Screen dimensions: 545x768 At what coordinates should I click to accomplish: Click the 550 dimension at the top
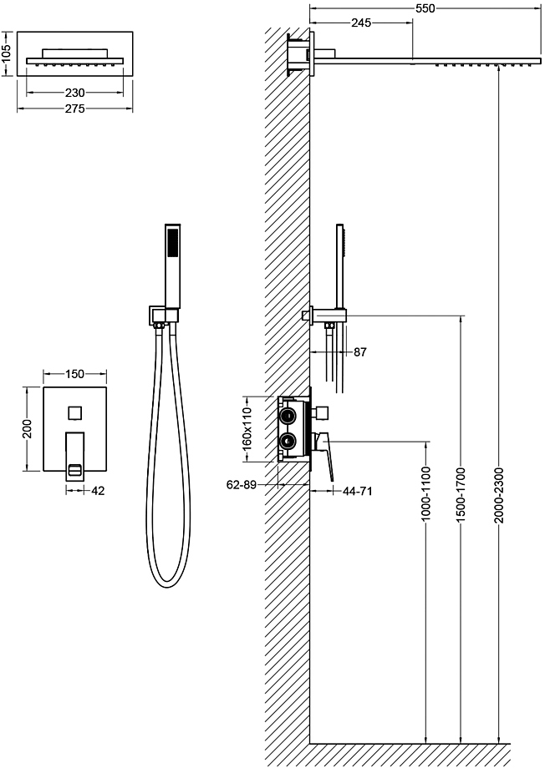pyautogui.click(x=425, y=8)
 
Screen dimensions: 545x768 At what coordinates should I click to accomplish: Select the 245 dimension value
pyautogui.click(x=361, y=23)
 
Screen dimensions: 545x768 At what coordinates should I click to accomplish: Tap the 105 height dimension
pyautogui.click(x=6, y=53)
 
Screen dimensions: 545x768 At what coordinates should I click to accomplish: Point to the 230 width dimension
pyautogui.click(x=75, y=93)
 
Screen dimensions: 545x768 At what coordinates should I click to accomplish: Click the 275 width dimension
pyautogui.click(x=75, y=109)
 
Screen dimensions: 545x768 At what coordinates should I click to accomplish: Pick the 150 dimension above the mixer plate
pyautogui.click(x=75, y=374)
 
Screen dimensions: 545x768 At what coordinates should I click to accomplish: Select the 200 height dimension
pyautogui.click(x=27, y=428)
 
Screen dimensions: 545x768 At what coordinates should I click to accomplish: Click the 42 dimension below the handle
pyautogui.click(x=98, y=490)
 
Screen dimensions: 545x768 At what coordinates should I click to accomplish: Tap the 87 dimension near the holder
pyautogui.click(x=360, y=351)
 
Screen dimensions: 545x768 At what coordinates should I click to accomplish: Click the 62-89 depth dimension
pyautogui.click(x=242, y=485)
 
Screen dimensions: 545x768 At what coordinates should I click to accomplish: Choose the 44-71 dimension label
pyautogui.click(x=357, y=490)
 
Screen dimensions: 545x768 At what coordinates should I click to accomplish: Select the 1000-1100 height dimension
pyautogui.click(x=425, y=493)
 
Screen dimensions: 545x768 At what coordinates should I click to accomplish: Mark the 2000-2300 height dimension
pyautogui.click(x=498, y=495)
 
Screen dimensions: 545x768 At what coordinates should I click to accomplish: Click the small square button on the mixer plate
pyautogui.click(x=75, y=412)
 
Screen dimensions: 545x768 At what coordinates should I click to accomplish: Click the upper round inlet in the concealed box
pyautogui.click(x=287, y=417)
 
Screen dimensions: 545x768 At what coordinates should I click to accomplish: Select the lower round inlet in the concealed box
pyautogui.click(x=287, y=441)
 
